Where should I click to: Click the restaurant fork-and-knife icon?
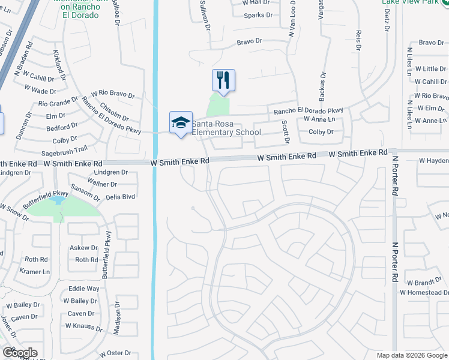[223, 80]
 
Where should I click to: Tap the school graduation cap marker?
[181, 122]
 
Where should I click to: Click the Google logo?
[20, 353]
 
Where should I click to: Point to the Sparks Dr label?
[258, 15]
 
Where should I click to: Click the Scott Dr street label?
[286, 132]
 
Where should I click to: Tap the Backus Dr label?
[322, 86]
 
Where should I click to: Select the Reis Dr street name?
[359, 43]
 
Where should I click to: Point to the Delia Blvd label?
[122, 196]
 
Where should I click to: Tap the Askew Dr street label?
[83, 248]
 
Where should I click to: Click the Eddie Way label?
[84, 289]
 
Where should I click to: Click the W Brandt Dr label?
[424, 282]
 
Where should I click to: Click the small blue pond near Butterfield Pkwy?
[59, 200]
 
